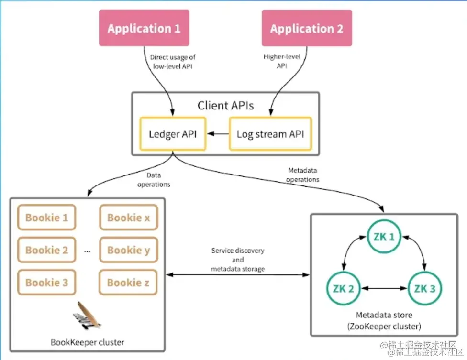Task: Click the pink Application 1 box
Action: click(144, 28)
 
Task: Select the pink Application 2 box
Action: click(307, 28)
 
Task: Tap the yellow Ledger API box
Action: click(172, 134)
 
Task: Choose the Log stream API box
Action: click(270, 134)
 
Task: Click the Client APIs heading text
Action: click(226, 105)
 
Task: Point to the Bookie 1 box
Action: click(46, 218)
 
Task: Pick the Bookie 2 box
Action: click(46, 250)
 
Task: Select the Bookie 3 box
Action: click(46, 283)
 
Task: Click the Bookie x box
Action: click(128, 218)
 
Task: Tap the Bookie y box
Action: click(128, 250)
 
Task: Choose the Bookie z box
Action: click(128, 283)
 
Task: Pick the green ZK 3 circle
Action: click(424, 289)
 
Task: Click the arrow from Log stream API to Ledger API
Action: click(220, 134)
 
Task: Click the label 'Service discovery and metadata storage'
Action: click(237, 260)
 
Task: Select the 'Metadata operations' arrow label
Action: click(303, 175)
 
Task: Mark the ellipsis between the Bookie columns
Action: click(87, 251)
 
